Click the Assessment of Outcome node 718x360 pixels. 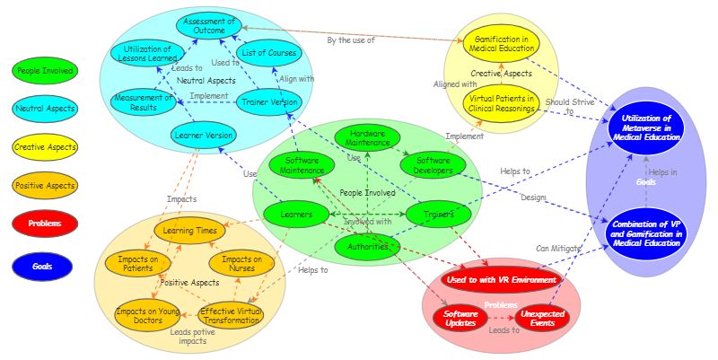tap(208, 26)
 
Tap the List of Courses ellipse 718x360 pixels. tap(270, 53)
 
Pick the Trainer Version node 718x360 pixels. tap(270, 102)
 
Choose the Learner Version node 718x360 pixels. tap(203, 136)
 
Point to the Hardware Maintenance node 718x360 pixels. tap(368, 137)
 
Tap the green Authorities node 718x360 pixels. tap(367, 245)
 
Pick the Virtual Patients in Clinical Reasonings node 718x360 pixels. tap(502, 103)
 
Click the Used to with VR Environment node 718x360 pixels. tap(501, 280)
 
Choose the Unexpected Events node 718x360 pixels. tap(541, 319)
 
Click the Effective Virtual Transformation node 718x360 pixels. tap(231, 316)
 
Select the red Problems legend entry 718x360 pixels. tap(45, 224)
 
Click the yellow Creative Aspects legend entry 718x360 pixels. tap(45, 146)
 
